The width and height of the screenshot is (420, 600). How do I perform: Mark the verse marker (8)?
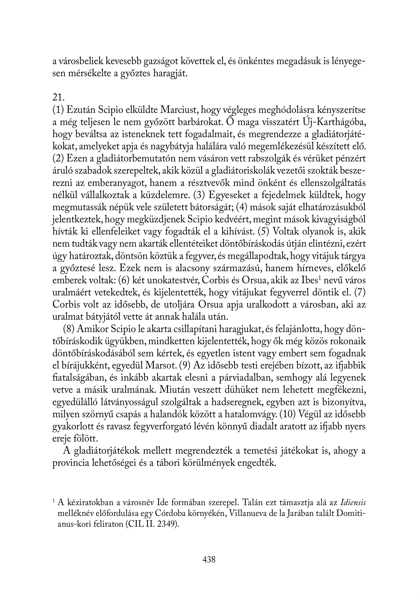coord(69,330)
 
